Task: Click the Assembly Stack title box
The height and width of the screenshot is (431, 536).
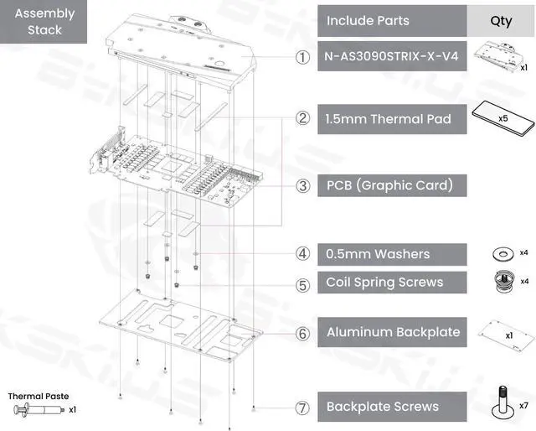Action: (x=45, y=22)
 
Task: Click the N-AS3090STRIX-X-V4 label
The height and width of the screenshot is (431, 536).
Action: (x=391, y=58)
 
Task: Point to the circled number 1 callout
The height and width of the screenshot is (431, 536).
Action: (x=302, y=58)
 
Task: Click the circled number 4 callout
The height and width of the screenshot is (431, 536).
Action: (x=302, y=253)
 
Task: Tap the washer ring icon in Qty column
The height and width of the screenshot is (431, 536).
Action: (x=502, y=252)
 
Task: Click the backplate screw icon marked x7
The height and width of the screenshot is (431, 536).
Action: (x=502, y=400)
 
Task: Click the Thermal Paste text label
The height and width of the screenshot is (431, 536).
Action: (x=39, y=396)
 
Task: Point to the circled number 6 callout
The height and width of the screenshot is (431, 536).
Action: (x=302, y=333)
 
